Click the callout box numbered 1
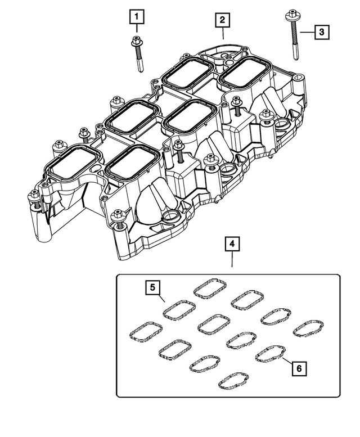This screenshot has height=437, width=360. (136, 17)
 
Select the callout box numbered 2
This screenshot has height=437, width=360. (222, 21)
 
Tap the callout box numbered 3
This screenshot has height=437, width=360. (321, 32)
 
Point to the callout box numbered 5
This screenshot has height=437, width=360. (151, 287)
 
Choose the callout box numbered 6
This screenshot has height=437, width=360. (299, 368)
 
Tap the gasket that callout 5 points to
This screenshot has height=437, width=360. (179, 309)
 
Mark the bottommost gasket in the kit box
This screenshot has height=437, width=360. (233, 380)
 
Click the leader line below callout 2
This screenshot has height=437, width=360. (223, 33)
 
